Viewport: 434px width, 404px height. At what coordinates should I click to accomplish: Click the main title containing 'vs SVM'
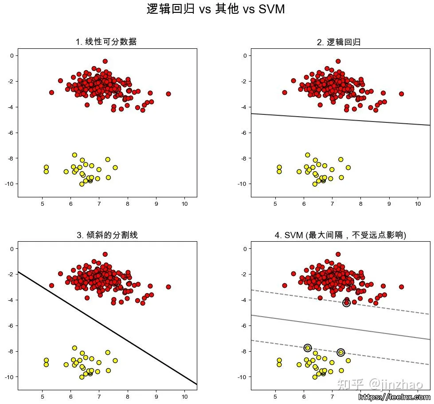215,9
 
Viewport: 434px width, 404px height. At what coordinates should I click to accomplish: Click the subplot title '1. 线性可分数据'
106,42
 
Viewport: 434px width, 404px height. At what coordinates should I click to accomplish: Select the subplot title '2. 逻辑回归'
339,42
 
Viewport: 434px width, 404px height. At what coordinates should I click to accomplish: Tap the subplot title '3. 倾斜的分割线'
107,235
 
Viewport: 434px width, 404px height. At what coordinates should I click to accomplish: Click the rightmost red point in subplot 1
168,94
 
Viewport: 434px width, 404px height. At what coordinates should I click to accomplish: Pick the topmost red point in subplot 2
338,61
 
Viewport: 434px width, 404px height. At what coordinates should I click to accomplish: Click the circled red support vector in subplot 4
347,303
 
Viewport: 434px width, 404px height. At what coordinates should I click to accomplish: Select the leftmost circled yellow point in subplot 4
308,348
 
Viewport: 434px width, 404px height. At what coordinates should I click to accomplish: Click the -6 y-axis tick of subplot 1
12,133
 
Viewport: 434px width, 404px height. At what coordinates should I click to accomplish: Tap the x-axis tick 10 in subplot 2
417,204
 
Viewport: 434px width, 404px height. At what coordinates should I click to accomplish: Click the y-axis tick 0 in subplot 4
245,249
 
